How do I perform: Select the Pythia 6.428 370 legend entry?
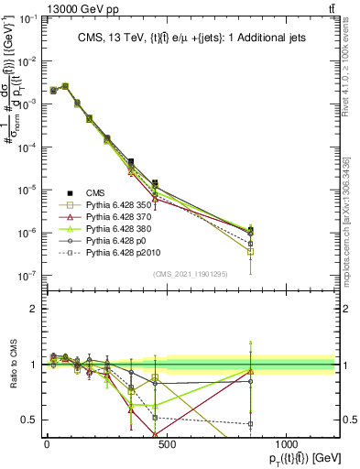coord(115,221)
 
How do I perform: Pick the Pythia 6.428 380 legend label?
coord(115,234)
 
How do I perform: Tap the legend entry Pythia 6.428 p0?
coord(111,248)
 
